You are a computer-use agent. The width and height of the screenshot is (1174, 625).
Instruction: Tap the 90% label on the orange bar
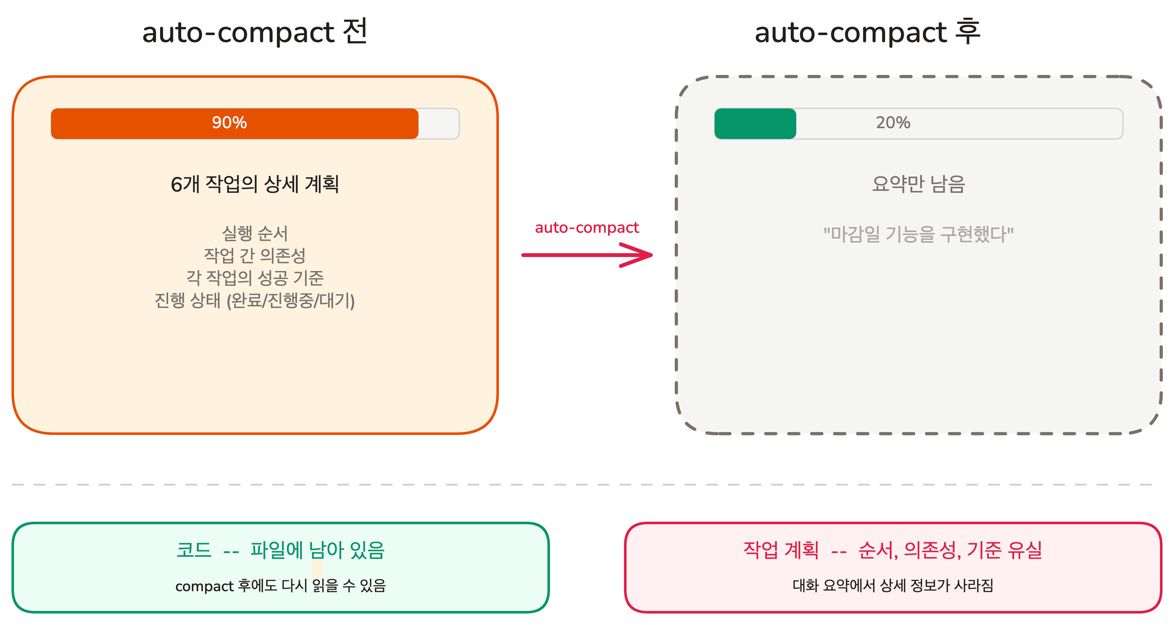click(x=229, y=122)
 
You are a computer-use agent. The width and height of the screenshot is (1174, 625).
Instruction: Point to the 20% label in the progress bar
click(x=893, y=122)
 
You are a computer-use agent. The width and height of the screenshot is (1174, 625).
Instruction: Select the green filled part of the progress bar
click(x=755, y=123)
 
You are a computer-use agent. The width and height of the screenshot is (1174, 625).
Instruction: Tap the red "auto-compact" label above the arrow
click(x=587, y=227)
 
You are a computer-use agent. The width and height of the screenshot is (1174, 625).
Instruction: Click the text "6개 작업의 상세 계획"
click(x=254, y=184)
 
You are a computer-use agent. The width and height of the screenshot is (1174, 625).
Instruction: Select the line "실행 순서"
click(x=254, y=233)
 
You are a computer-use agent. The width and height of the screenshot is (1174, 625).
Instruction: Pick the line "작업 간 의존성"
click(x=254, y=255)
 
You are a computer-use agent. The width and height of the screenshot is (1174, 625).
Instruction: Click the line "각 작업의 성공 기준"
click(x=254, y=278)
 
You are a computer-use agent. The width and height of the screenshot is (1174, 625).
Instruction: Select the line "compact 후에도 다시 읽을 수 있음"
click(x=280, y=586)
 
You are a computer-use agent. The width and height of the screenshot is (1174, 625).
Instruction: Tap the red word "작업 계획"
click(x=781, y=550)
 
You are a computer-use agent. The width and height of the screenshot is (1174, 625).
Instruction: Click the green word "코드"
click(x=194, y=550)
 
